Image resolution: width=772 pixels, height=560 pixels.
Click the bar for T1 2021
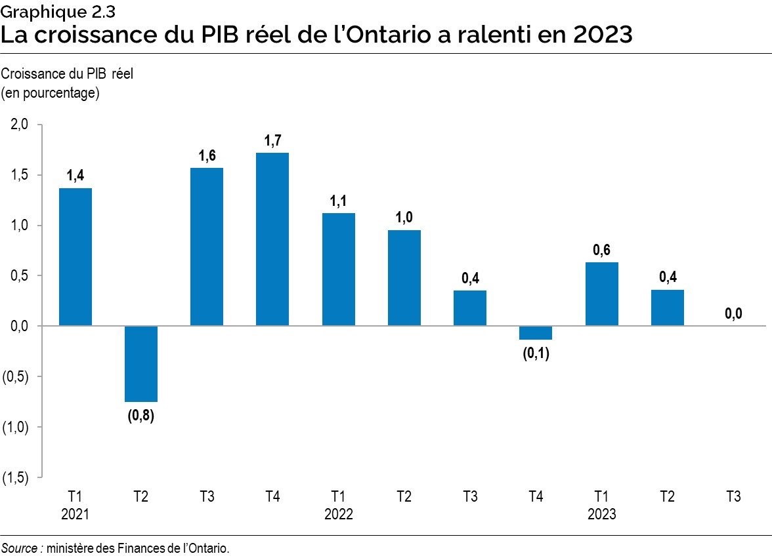[x=75, y=256]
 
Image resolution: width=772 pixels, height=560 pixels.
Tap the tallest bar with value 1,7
[x=272, y=239]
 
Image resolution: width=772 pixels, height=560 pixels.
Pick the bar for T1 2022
[x=339, y=270]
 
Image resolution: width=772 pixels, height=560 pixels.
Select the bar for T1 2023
[x=601, y=294]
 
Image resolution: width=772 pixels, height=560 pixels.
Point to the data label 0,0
[x=733, y=314]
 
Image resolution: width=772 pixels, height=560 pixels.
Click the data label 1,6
[x=207, y=156]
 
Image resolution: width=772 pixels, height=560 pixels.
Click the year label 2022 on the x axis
[x=339, y=514]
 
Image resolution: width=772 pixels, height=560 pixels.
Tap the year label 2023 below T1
[x=601, y=514]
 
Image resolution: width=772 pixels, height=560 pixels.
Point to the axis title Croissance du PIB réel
[x=68, y=73]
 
